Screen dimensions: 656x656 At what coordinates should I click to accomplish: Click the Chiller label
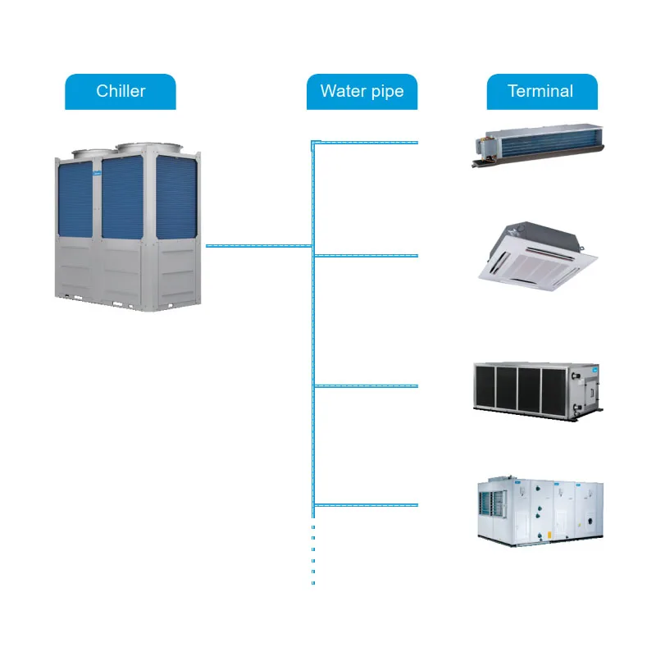pos(121,91)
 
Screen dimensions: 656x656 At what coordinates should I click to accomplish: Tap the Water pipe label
pos(362,91)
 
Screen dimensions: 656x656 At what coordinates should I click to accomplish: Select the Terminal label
pos(541,91)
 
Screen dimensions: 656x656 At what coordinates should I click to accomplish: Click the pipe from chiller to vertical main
pos(258,245)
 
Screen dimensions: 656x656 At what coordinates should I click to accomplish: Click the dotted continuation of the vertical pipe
pos(313,553)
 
